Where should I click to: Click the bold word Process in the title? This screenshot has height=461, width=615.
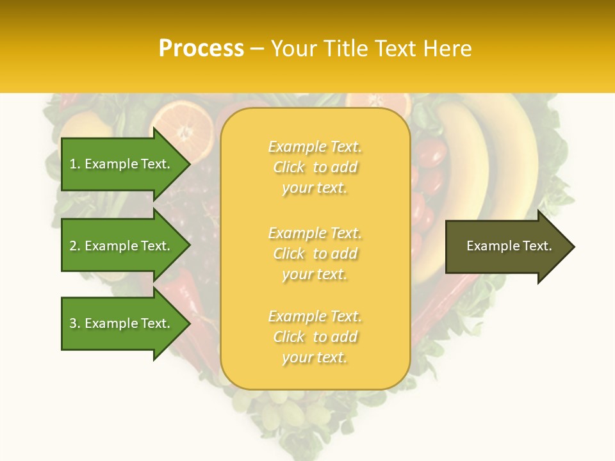click(x=201, y=49)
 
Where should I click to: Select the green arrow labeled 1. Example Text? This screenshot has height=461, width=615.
click(x=122, y=164)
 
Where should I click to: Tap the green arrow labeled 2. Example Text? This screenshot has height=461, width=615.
click(x=122, y=246)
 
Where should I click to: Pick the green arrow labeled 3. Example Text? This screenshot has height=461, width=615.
click(x=122, y=323)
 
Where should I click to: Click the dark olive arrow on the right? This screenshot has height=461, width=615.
click(x=506, y=247)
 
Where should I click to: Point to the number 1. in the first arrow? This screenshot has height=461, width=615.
click(x=75, y=164)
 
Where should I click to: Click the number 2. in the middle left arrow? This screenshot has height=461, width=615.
click(x=75, y=246)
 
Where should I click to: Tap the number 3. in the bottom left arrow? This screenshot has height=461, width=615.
click(x=75, y=323)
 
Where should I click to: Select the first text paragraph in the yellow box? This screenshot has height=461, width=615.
click(x=315, y=167)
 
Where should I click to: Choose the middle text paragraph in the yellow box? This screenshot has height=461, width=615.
click(x=315, y=254)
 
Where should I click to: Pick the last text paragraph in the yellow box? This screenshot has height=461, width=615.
click(x=315, y=337)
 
